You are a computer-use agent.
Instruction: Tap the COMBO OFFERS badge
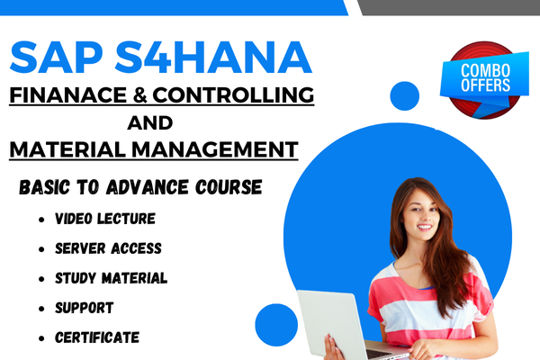(x=484, y=77)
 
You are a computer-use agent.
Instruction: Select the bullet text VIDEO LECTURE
(x=104, y=219)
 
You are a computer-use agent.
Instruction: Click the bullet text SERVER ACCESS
(x=108, y=248)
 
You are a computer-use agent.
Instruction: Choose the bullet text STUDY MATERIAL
(x=111, y=278)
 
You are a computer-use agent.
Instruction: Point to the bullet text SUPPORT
(x=84, y=308)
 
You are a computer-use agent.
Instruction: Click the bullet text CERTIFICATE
(x=97, y=337)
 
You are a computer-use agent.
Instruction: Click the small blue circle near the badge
(x=405, y=95)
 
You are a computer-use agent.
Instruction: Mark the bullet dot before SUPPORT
(x=42, y=309)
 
